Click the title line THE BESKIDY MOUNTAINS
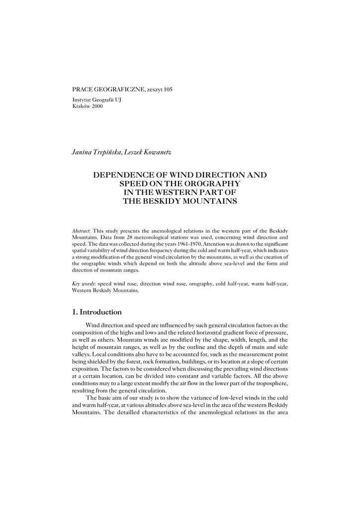pos(180,201)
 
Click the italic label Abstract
pos(81,232)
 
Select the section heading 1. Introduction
pos(97,312)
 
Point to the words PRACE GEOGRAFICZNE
pos(108,89)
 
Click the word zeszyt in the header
pos(154,89)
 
